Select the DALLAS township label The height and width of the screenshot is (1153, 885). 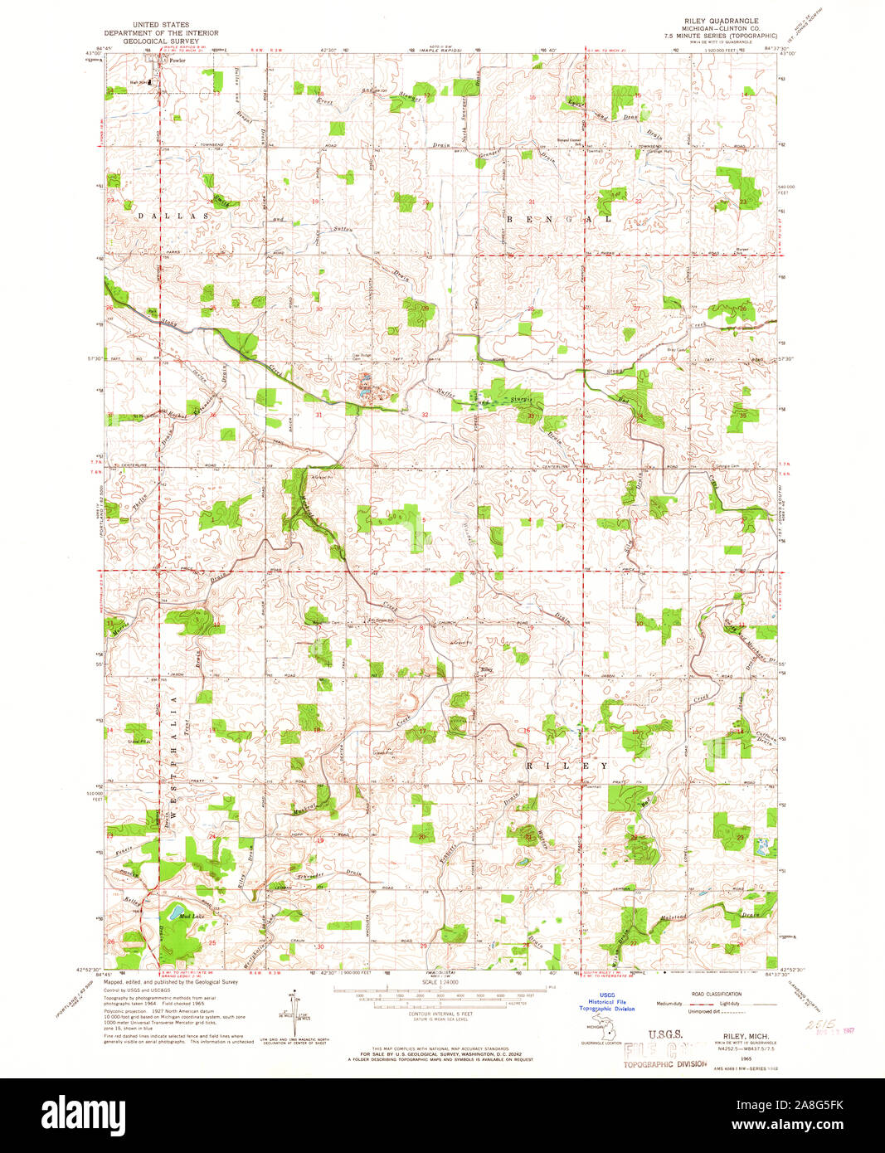coord(175,216)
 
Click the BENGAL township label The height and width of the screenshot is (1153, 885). coord(559,220)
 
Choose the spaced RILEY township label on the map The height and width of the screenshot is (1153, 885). coord(567,766)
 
